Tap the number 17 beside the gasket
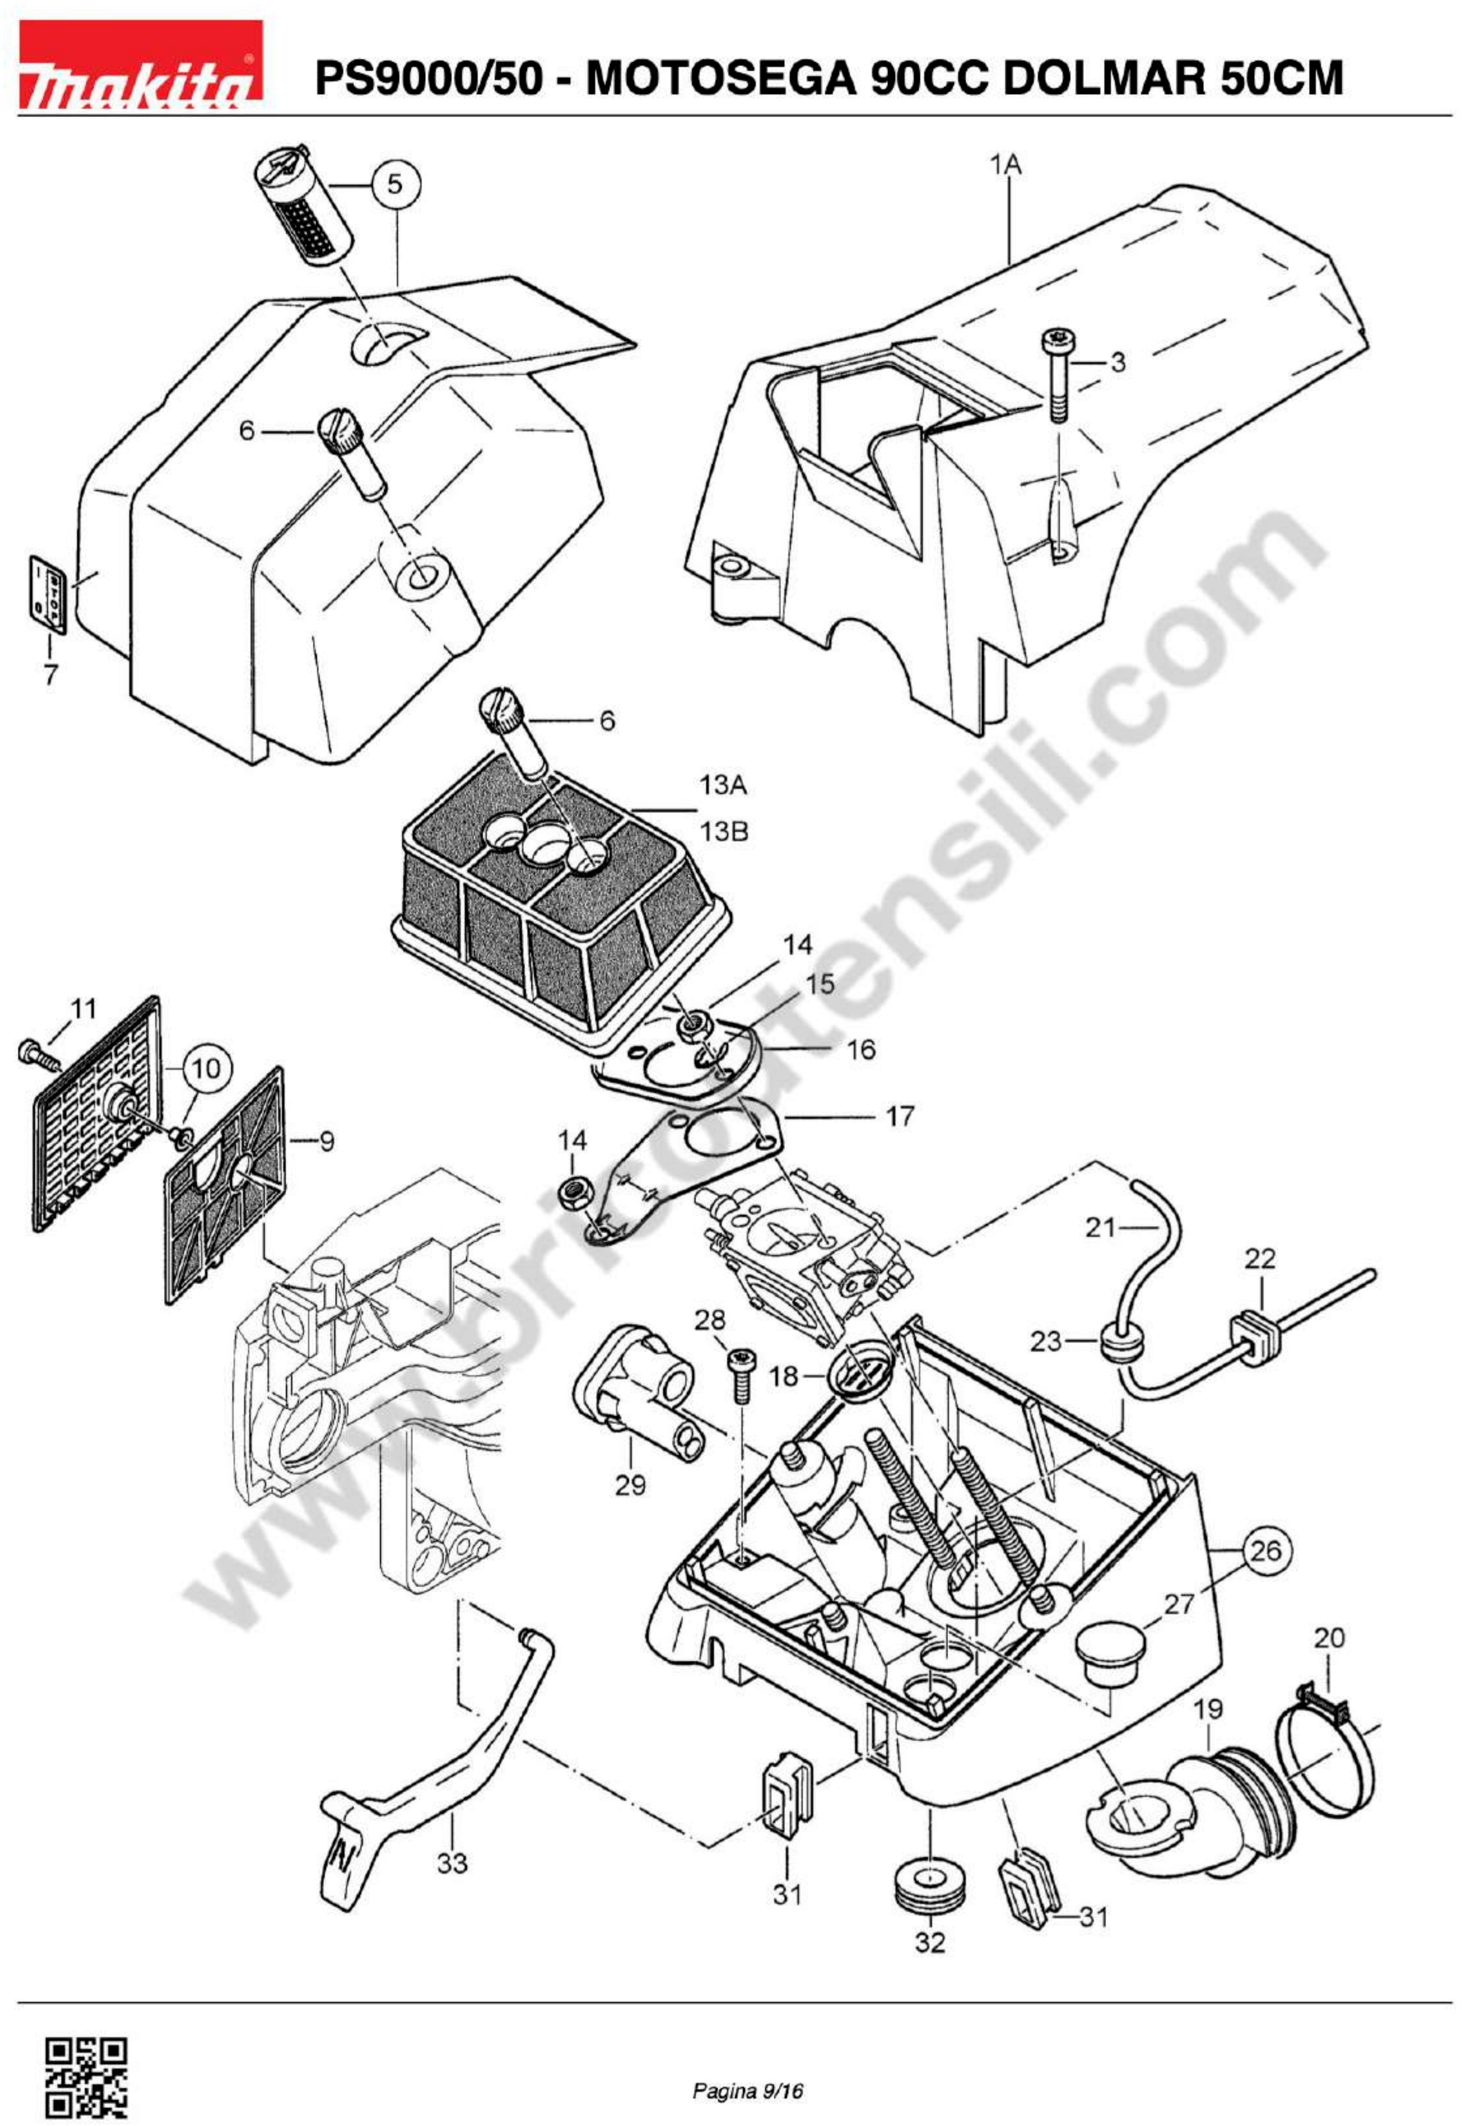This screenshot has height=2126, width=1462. click(899, 1116)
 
